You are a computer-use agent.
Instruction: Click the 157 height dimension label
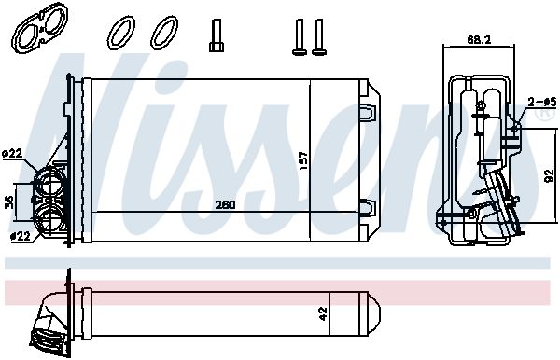pos(302,161)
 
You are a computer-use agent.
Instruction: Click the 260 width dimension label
pos(226,205)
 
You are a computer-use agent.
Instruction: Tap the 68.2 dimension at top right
pos(479,39)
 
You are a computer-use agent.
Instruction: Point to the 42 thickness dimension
pos(323,314)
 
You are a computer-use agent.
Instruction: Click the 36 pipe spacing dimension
pos(9,202)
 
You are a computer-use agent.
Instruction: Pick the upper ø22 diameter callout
pos(12,154)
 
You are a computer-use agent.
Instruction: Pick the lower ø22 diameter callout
pos(20,236)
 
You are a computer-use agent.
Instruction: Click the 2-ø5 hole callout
pos(542,103)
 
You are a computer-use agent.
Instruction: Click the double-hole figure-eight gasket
pos(40,28)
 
